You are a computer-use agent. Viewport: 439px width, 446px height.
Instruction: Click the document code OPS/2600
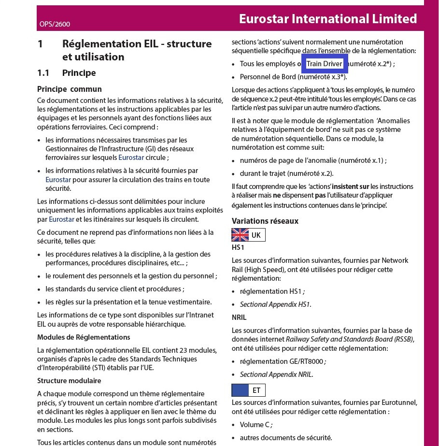click(55, 24)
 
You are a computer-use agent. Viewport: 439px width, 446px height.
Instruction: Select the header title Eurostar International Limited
click(327, 19)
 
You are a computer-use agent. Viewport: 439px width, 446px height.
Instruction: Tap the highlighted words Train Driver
click(324, 64)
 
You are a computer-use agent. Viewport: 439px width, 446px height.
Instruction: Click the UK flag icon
click(240, 235)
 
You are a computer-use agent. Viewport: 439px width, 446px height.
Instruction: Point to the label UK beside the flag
click(256, 235)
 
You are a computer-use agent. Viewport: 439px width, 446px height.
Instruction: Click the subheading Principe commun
click(70, 89)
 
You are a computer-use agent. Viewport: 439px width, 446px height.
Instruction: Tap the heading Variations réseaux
click(265, 221)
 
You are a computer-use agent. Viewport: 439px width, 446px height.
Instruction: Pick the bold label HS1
click(238, 247)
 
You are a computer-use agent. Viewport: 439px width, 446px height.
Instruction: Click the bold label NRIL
click(239, 317)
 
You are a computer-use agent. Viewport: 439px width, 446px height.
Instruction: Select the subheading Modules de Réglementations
click(84, 337)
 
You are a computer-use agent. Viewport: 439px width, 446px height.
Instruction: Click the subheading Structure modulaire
click(69, 381)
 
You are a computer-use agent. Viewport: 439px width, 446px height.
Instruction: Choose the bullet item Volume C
click(255, 425)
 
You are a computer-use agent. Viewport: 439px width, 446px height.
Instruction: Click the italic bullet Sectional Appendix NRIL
click(276, 374)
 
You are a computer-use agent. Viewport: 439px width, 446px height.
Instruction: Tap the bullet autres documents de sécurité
click(285, 438)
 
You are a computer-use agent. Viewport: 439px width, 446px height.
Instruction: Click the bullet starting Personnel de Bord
click(293, 77)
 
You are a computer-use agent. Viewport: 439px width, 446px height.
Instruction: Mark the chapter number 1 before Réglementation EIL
click(41, 44)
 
